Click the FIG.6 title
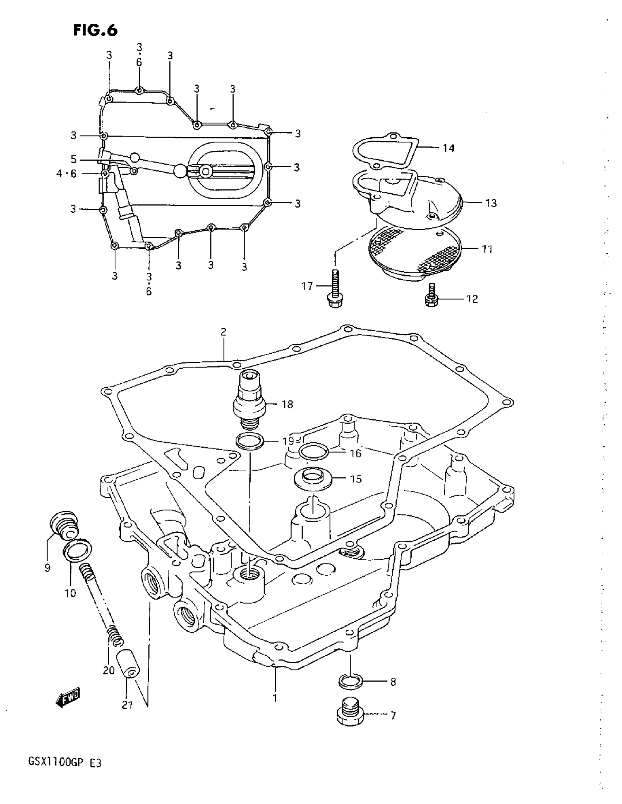[x=95, y=30]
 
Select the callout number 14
[x=448, y=148]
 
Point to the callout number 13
[x=491, y=203]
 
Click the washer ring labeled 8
[x=350, y=682]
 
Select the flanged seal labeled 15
[x=313, y=479]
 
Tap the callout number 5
[x=74, y=159]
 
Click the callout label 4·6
[x=67, y=174]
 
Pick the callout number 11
[x=487, y=249]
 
